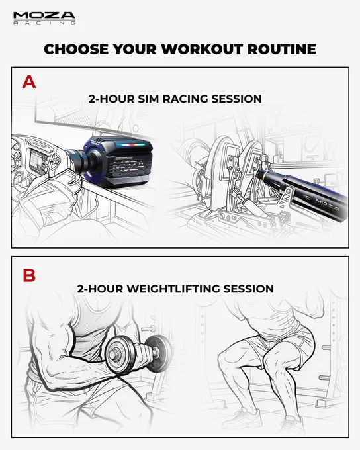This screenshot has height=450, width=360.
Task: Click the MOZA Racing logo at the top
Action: [44, 19]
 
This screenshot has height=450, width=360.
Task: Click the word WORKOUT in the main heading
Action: [202, 49]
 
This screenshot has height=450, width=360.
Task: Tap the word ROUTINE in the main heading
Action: [282, 49]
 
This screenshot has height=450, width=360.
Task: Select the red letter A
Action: [29, 82]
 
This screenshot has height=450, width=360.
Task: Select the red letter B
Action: [29, 275]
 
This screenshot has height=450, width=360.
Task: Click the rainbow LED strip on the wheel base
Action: [130, 144]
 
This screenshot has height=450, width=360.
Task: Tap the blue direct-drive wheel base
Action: [118, 162]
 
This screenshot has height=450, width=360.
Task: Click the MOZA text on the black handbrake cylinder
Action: [327, 202]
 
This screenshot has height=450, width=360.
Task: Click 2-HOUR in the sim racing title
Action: [111, 99]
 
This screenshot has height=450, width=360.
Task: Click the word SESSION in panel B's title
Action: [249, 289]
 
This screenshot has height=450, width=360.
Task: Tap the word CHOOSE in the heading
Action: [76, 49]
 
